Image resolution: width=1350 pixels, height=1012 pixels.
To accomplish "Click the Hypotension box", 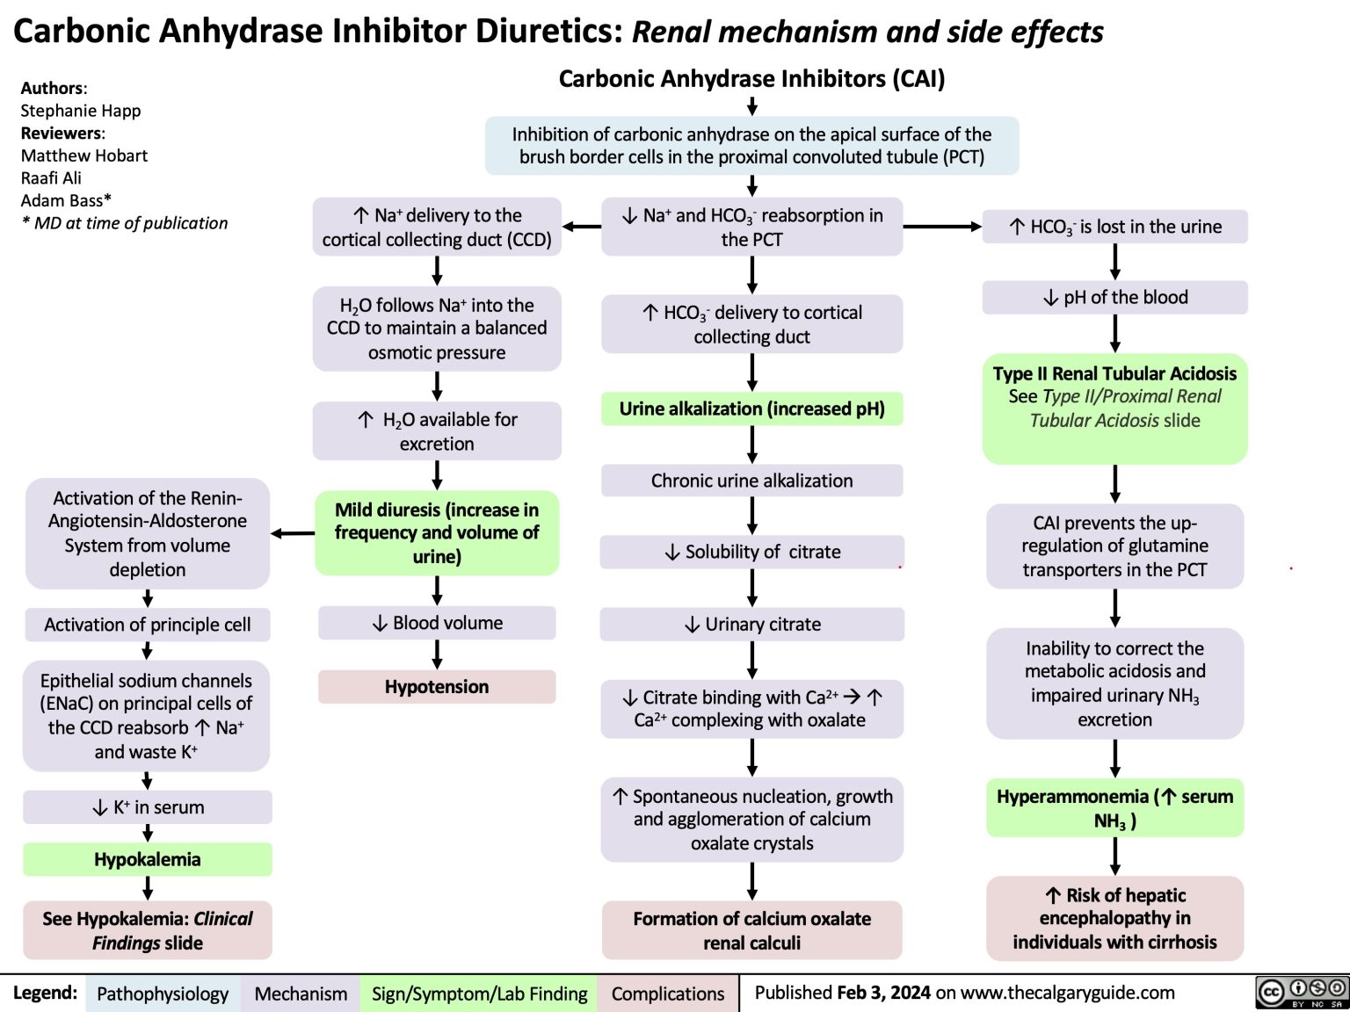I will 437,687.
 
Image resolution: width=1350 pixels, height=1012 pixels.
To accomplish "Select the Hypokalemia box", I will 148,859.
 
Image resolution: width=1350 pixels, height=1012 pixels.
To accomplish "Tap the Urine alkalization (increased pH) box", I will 751,408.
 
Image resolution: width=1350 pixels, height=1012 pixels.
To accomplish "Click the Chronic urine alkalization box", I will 751,481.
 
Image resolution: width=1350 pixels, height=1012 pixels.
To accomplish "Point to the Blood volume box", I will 437,623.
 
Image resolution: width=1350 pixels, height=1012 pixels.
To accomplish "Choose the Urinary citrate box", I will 751,625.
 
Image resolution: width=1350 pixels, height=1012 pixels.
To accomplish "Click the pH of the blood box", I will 1114,298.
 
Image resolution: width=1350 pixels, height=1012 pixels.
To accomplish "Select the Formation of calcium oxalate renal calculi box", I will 751,930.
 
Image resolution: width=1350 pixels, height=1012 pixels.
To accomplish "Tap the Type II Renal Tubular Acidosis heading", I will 1114,373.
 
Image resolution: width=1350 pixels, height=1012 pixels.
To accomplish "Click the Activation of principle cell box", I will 148,625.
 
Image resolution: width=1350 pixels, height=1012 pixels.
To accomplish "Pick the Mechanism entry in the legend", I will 301,994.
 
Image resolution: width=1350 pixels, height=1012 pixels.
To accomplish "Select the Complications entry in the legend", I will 668,994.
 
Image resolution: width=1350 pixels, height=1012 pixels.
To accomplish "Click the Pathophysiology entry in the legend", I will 163,994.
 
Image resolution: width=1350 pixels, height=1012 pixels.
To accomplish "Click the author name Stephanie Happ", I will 81,111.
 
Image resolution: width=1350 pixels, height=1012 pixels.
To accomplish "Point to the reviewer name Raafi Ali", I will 51,178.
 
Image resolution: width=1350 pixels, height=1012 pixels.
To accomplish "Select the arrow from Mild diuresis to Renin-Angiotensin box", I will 293,533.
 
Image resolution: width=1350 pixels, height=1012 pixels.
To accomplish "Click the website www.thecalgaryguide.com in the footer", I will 1067,993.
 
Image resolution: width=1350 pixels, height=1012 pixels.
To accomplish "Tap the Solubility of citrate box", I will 751,552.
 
